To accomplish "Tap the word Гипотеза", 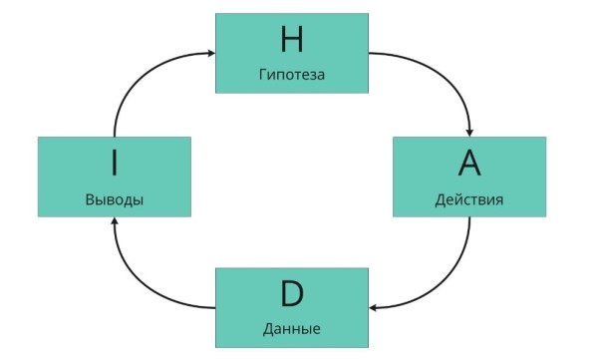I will point(292,75).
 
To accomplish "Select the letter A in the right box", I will point(468,163).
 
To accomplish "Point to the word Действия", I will point(468,199).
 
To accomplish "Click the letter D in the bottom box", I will point(292,293).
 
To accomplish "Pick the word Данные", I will point(292,328).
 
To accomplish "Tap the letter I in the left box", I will point(114,163).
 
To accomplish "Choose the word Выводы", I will point(114,199).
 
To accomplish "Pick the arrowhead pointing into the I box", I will point(114,223).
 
